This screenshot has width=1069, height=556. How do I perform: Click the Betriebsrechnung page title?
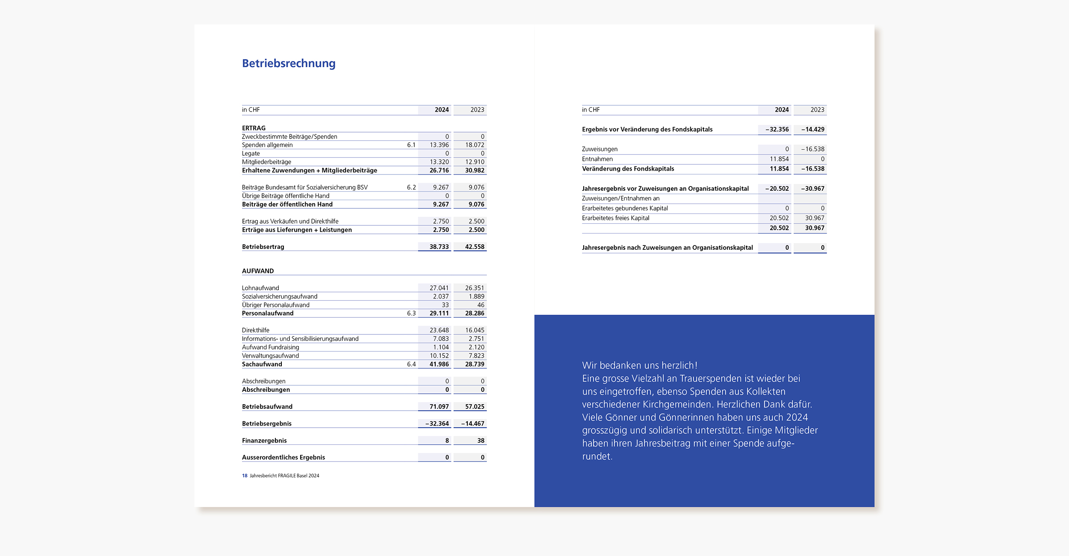(x=289, y=63)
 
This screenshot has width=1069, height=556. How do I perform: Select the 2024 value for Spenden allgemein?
(x=439, y=145)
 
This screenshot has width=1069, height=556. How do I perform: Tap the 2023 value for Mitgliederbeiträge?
(x=475, y=162)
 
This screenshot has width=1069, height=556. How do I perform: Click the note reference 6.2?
(x=411, y=187)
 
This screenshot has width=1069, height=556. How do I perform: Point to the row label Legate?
(x=251, y=154)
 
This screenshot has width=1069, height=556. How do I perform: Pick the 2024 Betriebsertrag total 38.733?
(x=439, y=247)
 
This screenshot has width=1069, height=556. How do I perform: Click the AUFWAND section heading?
(x=258, y=271)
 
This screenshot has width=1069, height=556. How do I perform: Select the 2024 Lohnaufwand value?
(x=439, y=288)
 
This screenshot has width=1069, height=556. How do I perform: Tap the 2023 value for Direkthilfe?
(x=475, y=330)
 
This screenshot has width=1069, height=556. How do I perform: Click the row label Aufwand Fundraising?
(x=271, y=347)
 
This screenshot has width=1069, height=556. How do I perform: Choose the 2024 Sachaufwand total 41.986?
(x=439, y=364)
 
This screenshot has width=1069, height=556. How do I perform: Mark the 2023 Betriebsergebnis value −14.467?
(x=473, y=423)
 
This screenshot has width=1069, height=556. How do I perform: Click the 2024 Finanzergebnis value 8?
(x=447, y=441)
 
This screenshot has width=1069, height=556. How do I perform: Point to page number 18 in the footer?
(x=245, y=476)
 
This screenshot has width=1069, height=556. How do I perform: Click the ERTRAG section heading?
(x=254, y=128)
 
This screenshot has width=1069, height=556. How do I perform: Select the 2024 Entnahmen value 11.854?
(x=779, y=159)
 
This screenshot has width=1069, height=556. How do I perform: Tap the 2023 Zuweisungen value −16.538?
(x=813, y=149)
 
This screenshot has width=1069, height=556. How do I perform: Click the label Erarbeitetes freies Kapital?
(x=615, y=218)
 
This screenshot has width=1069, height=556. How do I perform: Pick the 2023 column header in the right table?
(x=817, y=110)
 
